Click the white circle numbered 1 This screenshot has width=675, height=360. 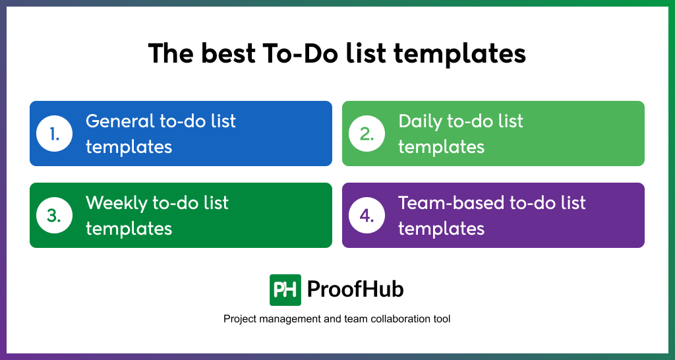[x=54, y=133]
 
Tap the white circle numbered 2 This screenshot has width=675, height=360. [x=367, y=133]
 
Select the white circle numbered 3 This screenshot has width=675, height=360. [x=54, y=216]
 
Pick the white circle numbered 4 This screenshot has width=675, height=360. [x=367, y=216]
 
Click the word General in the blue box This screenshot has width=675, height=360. [x=120, y=121]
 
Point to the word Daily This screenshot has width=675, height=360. [x=420, y=121]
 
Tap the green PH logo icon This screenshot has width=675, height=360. [x=285, y=290]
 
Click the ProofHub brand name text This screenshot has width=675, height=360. [x=355, y=289]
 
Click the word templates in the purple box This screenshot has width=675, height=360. [x=441, y=229]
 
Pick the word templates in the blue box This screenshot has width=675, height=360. [x=129, y=147]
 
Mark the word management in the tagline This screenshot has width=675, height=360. [x=289, y=320]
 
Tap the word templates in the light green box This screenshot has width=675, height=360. [x=441, y=147]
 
